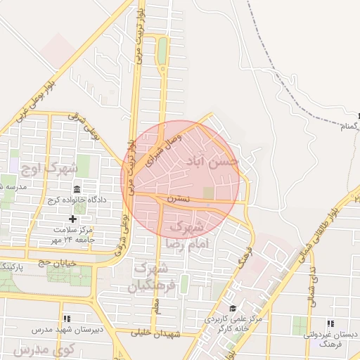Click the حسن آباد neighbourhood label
[212, 162]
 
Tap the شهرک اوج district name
[51, 169]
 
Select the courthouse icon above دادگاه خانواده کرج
[77, 190]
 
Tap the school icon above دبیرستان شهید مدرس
[67, 319]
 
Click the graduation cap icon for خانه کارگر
[233, 309]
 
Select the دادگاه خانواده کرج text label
[77, 200]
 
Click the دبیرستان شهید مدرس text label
[67, 329]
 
